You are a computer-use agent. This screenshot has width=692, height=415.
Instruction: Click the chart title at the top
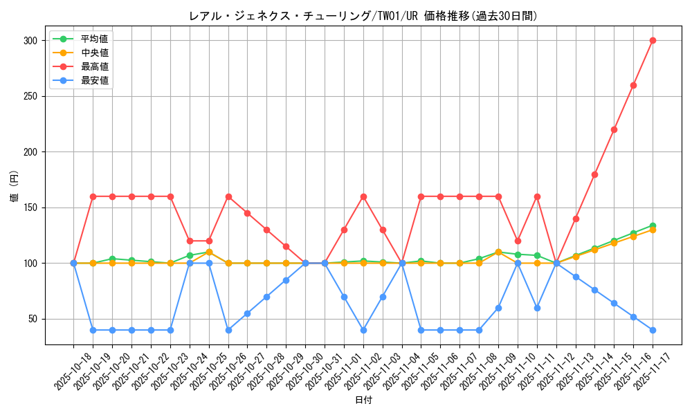point(363,16)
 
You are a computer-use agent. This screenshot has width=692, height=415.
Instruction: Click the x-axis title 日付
point(363,400)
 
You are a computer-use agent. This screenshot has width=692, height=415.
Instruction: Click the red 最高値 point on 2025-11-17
point(653,41)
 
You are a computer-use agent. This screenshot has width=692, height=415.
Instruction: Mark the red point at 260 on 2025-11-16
point(633,85)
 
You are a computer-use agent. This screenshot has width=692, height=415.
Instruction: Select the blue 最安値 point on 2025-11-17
point(653,330)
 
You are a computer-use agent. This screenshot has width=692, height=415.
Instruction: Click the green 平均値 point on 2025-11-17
point(653,225)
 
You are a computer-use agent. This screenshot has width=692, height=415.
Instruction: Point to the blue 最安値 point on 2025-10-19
point(93,330)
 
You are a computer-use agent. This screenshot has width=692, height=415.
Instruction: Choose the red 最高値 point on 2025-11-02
point(363,196)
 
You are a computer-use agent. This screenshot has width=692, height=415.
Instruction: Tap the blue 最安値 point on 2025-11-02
point(363,330)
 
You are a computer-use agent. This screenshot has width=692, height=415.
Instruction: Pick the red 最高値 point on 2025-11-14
point(594,174)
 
